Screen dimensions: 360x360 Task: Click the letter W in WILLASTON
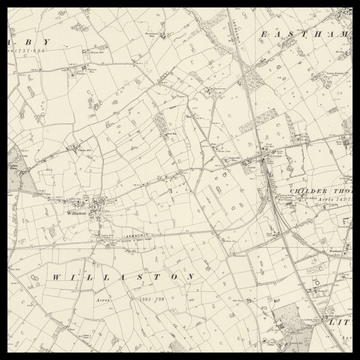point(56,275)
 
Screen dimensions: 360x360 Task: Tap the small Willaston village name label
point(76,212)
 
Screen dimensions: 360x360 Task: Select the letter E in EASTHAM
point(261,34)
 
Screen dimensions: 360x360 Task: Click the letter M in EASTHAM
point(345,34)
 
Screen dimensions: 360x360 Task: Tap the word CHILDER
point(304,190)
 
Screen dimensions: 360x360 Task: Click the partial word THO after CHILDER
point(343,190)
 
